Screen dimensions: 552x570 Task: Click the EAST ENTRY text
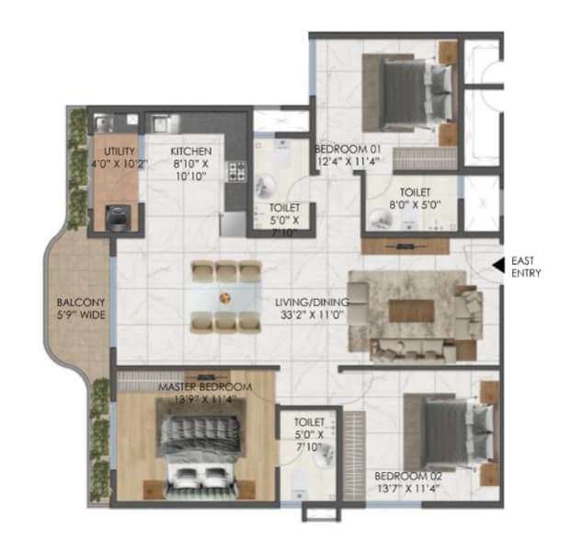[x=527, y=267]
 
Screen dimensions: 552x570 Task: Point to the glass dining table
[x=224, y=297]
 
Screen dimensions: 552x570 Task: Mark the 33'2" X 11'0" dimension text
[x=310, y=313]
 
